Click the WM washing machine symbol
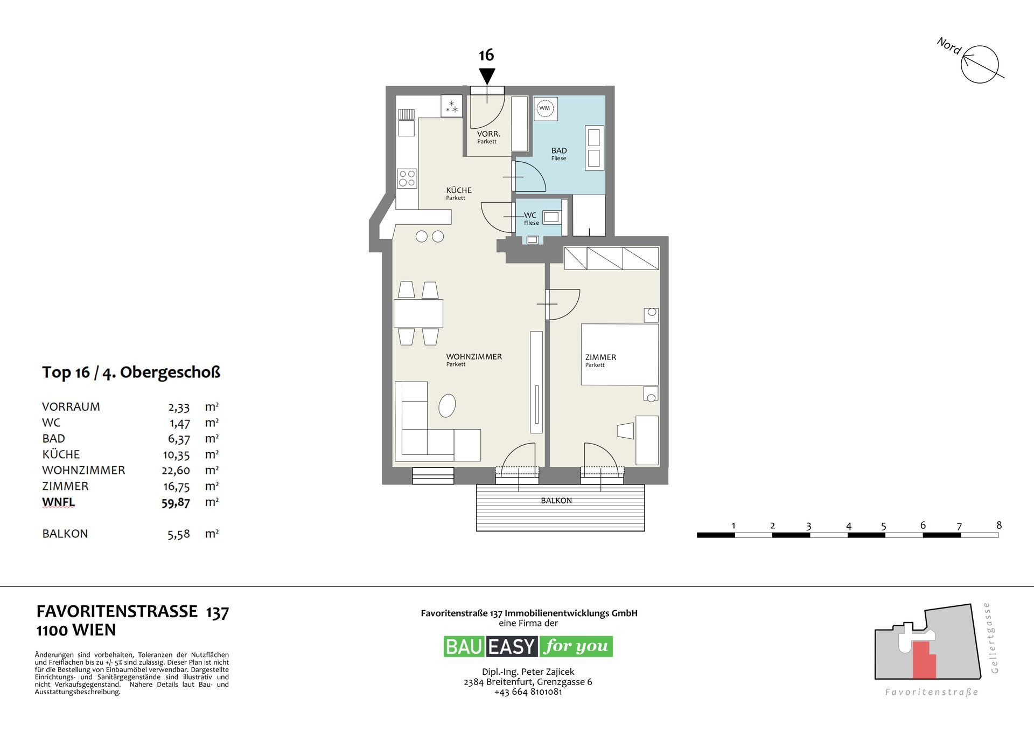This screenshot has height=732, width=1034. click(x=545, y=108)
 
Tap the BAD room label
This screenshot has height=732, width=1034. click(x=559, y=151)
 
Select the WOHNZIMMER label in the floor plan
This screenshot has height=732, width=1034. click(x=474, y=357)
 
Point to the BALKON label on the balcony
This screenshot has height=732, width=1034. click(x=556, y=501)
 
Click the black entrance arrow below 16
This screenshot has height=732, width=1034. click(x=487, y=76)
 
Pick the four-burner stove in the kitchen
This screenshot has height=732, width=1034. click(x=407, y=178)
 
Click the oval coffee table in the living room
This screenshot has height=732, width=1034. click(x=447, y=406)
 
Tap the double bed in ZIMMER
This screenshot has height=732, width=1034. click(x=620, y=354)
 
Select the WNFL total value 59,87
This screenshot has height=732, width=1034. click(x=176, y=502)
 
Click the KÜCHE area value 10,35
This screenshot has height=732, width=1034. click(x=176, y=455)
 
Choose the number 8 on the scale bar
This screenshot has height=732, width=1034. click(x=999, y=525)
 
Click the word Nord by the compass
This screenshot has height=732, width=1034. click(x=949, y=46)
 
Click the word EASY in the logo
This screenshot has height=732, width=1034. click(x=512, y=646)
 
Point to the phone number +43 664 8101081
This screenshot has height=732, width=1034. click(x=528, y=692)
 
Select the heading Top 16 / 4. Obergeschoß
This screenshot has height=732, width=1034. click(x=131, y=372)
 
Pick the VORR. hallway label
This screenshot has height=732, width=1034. click(x=488, y=134)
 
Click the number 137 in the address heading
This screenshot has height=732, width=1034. click(x=218, y=612)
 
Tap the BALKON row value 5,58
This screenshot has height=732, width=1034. click(x=179, y=534)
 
